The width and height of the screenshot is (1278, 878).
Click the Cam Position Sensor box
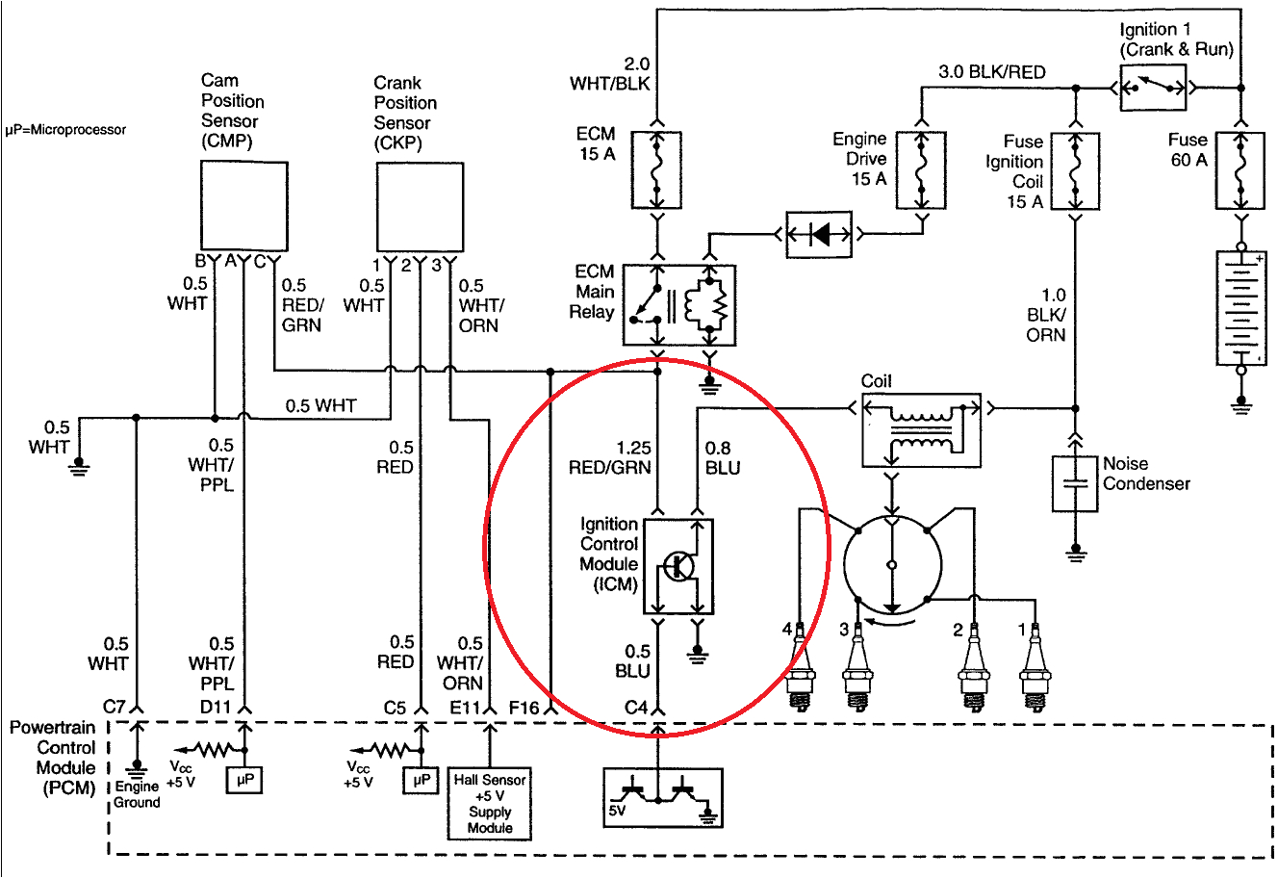(243, 206)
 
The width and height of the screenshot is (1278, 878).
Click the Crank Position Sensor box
(419, 207)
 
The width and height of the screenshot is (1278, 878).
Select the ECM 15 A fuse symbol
(658, 170)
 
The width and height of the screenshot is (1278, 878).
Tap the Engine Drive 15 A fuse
(921, 170)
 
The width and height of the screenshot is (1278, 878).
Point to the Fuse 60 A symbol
(1241, 170)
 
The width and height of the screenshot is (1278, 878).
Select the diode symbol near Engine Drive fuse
(819, 234)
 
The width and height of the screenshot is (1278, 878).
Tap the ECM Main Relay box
(679, 305)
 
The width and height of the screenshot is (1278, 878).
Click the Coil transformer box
(922, 429)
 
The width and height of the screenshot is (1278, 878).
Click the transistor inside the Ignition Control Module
(679, 566)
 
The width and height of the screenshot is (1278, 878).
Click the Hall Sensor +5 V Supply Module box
(490, 804)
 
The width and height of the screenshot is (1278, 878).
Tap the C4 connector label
(635, 708)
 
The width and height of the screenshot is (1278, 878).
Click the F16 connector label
(524, 708)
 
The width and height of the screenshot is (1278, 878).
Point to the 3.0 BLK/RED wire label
(991, 72)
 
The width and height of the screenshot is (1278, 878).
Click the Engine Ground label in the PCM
(137, 794)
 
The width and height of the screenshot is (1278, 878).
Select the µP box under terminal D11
(244, 780)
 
